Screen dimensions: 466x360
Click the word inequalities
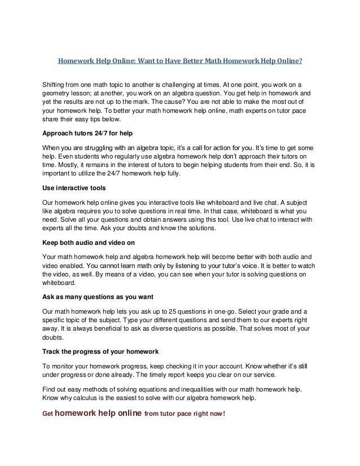pos(200,389)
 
